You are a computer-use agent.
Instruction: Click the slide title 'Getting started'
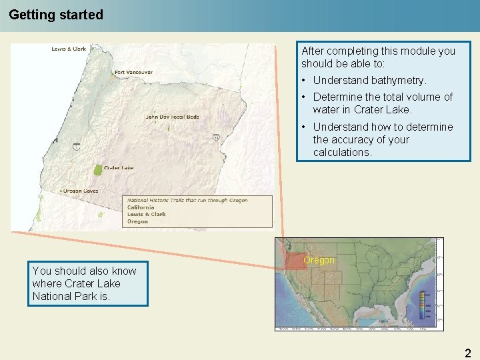pos(56,15)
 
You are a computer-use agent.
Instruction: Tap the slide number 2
pos(467,353)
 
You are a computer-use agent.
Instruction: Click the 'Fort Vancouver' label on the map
pos(133,72)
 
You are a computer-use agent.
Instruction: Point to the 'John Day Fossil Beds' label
pos(172,117)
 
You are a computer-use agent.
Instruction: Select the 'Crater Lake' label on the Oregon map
pos(118,168)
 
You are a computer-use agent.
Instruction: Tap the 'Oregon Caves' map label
pos(81,191)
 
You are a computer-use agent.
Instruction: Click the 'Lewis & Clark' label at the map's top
pos(69,49)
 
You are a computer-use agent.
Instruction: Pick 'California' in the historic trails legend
pos(141,207)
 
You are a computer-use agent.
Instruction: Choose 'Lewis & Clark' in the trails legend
pos(146,214)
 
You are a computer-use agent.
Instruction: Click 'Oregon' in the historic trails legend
pos(137,221)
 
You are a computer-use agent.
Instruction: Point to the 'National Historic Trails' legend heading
pos(187,200)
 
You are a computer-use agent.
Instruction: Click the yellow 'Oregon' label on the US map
pos(319,260)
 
